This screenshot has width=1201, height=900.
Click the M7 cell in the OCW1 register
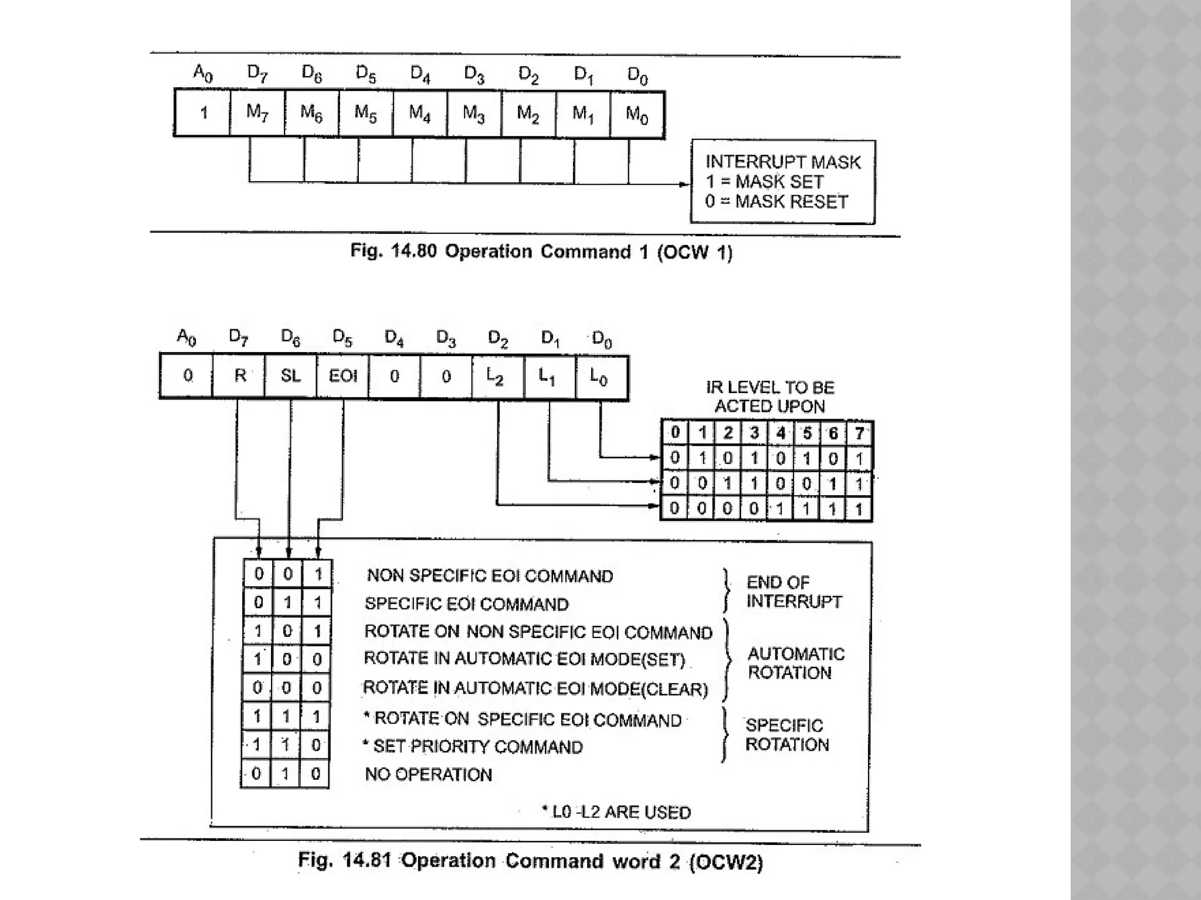click(257, 112)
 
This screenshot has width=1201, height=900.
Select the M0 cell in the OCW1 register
click(637, 114)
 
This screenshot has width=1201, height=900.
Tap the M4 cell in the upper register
click(420, 113)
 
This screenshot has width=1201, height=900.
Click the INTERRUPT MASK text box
click(782, 182)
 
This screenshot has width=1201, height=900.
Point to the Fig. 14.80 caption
click(541, 252)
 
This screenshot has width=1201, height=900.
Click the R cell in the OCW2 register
click(239, 376)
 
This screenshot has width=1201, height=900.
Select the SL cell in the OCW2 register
click(291, 376)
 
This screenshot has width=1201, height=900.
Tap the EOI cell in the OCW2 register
click(342, 376)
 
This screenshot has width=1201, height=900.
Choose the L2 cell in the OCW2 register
click(498, 377)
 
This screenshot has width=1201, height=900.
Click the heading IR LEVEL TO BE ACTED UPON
click(769, 397)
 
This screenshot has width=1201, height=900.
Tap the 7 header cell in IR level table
click(859, 434)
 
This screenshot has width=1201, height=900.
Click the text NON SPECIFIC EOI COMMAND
click(490, 576)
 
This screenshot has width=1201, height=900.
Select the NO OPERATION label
click(428, 775)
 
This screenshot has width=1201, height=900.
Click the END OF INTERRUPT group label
click(793, 592)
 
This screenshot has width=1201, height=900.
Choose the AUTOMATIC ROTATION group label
click(796, 663)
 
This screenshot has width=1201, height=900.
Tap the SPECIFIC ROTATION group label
click(786, 735)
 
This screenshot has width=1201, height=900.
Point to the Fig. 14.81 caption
click(530, 861)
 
